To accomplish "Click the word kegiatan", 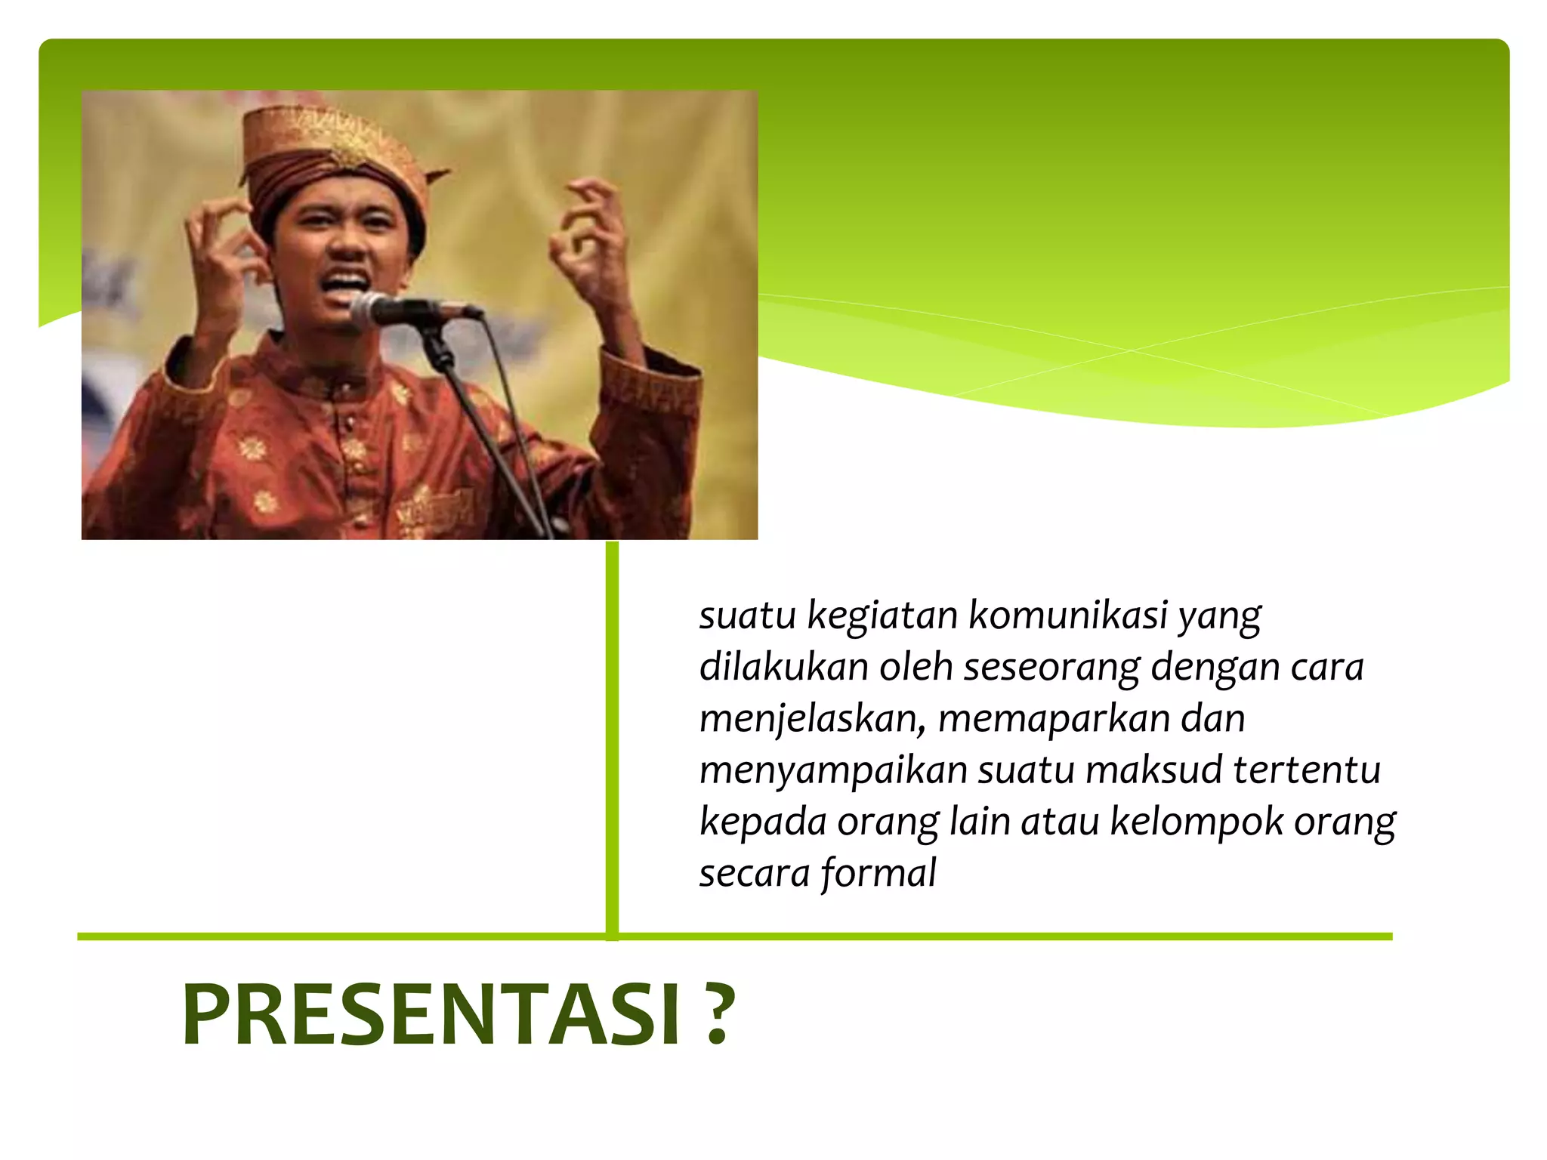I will (882, 616).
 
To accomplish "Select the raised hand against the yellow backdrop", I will (593, 242).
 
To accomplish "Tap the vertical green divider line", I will (612, 740).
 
